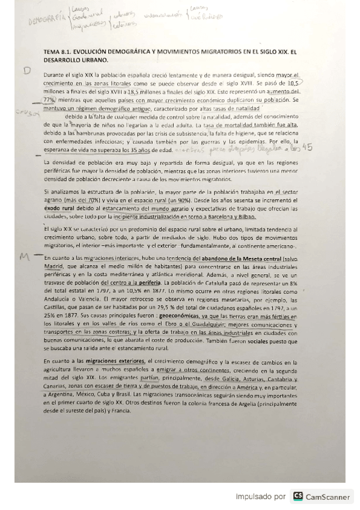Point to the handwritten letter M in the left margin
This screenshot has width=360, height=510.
[x=25, y=257]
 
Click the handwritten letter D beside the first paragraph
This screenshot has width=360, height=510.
[x=26, y=70]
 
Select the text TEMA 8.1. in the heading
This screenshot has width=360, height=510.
[x=58, y=52]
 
